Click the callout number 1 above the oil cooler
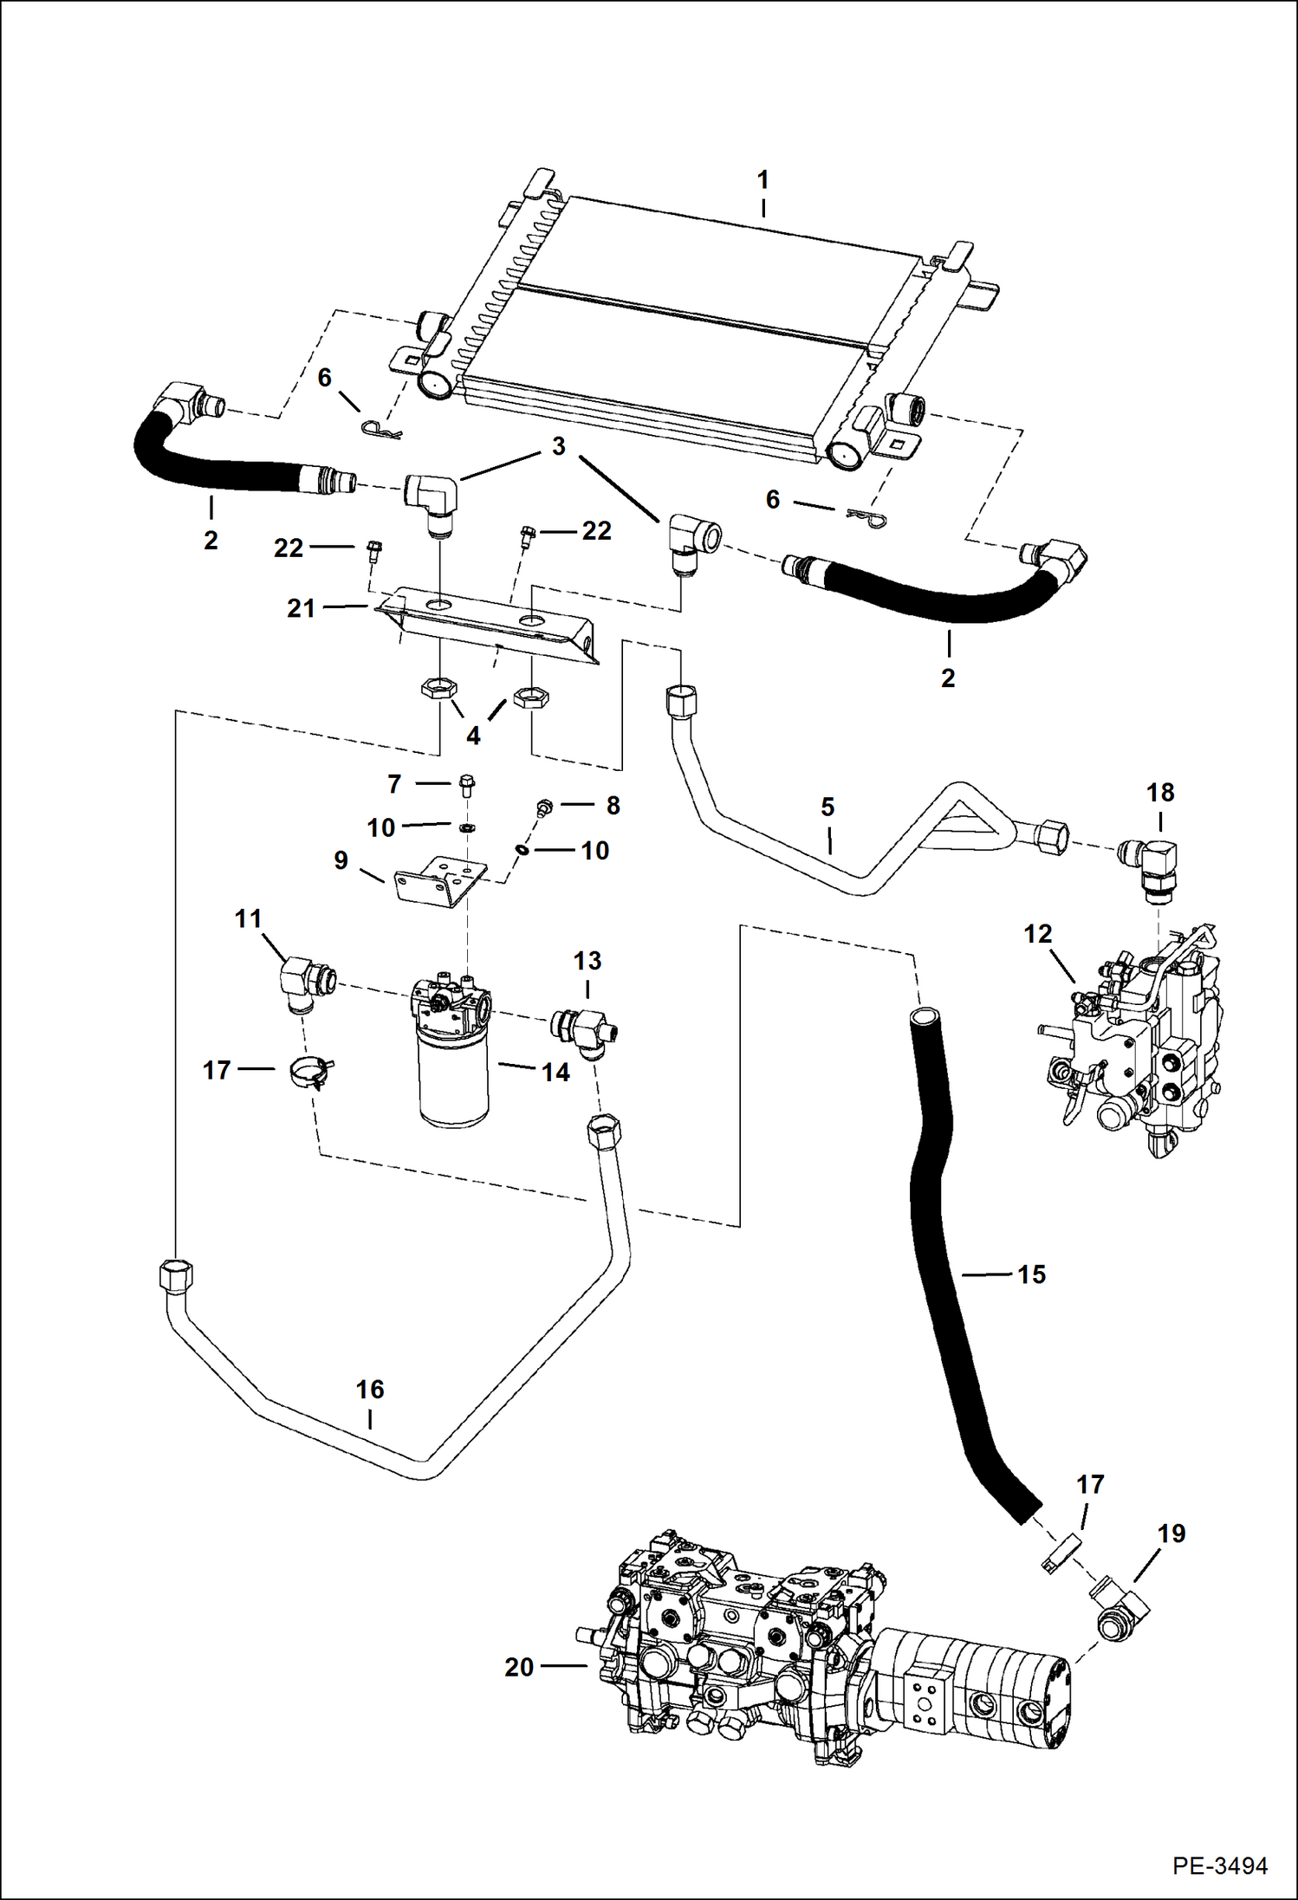tap(763, 181)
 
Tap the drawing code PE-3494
tap(1220, 1863)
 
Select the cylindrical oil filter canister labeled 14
tap(453, 1079)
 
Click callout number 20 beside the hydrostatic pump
tap(519, 1667)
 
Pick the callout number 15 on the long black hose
tap(1031, 1274)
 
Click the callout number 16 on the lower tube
tap(370, 1390)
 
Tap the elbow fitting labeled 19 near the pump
tap(1120, 1607)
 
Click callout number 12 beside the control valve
tap(1037, 934)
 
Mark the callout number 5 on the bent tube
tap(827, 807)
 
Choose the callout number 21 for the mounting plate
tap(301, 608)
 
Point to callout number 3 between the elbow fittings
tap(559, 446)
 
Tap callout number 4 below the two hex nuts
tap(473, 736)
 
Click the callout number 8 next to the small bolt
tap(613, 806)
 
